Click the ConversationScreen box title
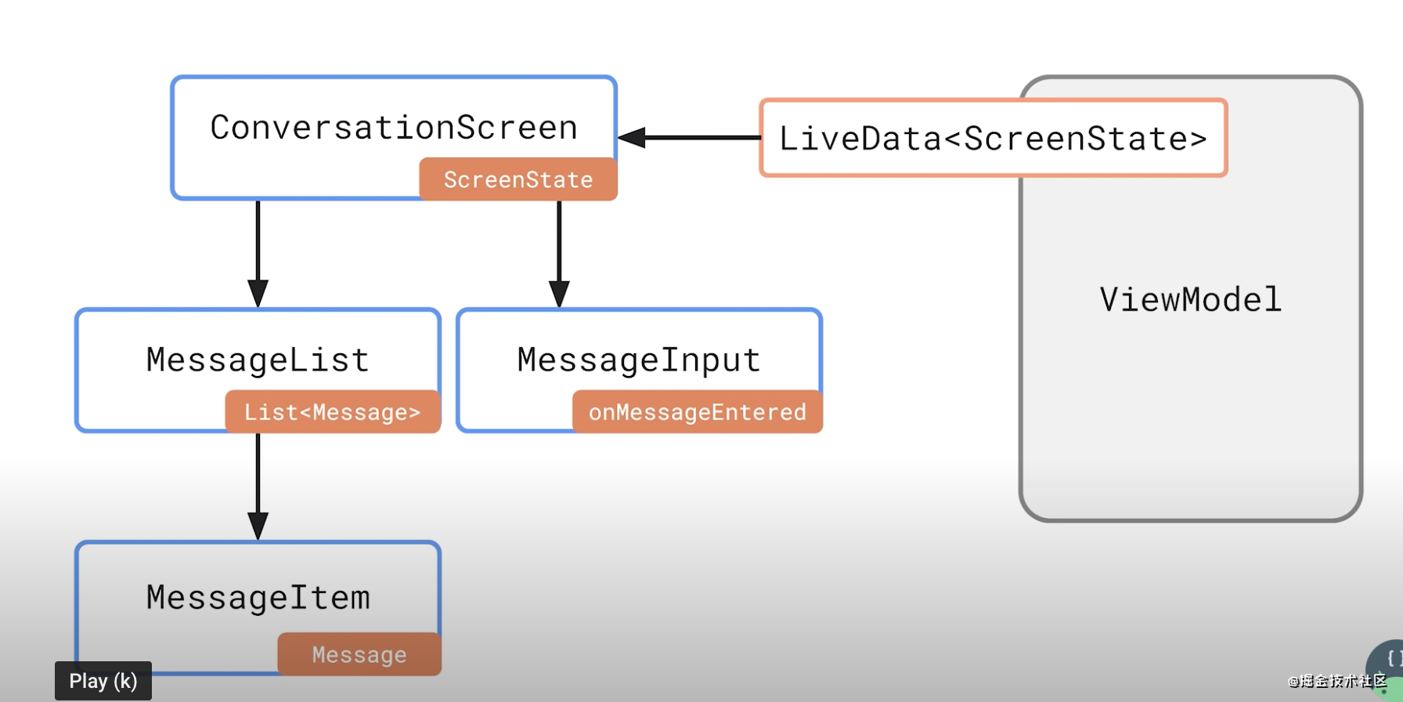click(x=394, y=128)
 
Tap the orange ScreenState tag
click(x=518, y=179)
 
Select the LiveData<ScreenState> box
click(x=993, y=138)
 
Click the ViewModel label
click(x=1190, y=299)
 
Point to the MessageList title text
click(x=258, y=360)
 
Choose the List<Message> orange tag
click(x=333, y=412)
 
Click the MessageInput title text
click(x=639, y=360)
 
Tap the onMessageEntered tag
click(x=698, y=412)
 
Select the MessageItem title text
click(x=258, y=598)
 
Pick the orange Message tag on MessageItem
click(x=359, y=654)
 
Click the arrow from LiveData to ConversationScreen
click(x=689, y=138)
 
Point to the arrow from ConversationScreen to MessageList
click(x=258, y=254)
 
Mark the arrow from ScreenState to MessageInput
click(x=559, y=254)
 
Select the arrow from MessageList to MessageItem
click(x=258, y=487)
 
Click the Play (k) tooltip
click(x=103, y=681)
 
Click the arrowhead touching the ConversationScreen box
click(x=631, y=138)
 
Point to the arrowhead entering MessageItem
click(x=258, y=526)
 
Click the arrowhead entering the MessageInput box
click(x=559, y=294)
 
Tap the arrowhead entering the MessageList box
click(x=258, y=294)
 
